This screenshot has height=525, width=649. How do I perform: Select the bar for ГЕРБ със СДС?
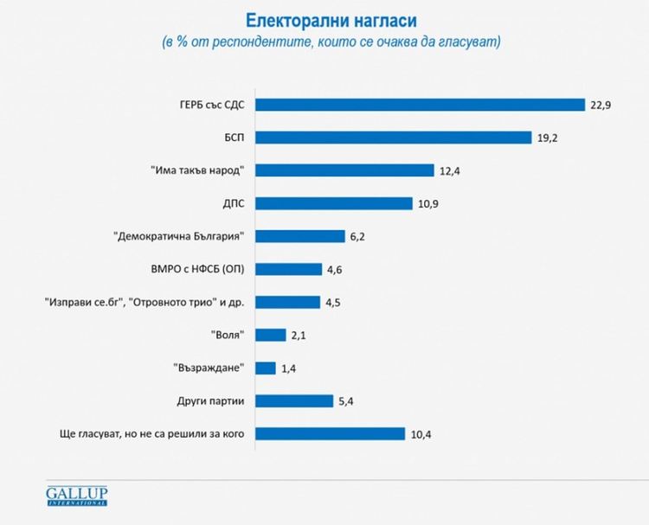pos(421,105)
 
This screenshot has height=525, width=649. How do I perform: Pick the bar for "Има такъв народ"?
pos(344,170)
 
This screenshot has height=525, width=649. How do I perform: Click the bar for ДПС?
pos(334,203)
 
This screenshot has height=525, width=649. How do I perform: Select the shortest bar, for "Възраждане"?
pos(266,368)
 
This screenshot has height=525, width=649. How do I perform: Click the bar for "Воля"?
pos(271,335)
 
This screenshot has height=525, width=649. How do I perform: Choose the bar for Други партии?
pos(294,400)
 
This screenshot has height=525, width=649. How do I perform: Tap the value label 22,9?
pos(601,105)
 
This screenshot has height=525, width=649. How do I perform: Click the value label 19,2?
pos(547,138)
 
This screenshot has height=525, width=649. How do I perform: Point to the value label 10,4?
pos(421,433)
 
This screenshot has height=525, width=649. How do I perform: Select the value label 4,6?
pos(335,269)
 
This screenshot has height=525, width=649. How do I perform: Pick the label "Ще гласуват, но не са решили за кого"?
pos(147,433)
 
